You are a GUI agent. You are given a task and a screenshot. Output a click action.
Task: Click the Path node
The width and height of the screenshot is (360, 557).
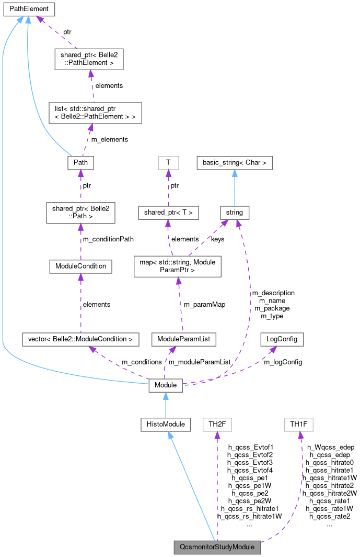(80, 163)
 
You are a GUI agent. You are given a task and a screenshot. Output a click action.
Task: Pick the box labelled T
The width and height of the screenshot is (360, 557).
(168, 163)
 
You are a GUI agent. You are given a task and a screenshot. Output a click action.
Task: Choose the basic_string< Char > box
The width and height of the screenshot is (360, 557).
(235, 163)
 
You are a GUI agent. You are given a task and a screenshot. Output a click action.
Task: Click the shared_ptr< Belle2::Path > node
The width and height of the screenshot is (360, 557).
(80, 213)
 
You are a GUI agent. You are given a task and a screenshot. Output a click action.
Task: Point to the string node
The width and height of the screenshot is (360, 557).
(235, 213)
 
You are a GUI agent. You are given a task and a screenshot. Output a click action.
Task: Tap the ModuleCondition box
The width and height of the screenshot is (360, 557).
(80, 266)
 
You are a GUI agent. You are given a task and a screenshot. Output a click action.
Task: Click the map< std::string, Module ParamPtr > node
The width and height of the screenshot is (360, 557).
(178, 266)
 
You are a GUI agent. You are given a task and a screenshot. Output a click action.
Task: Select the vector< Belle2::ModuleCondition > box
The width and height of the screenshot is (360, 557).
(80, 339)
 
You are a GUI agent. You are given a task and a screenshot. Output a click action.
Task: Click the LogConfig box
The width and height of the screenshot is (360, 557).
(282, 339)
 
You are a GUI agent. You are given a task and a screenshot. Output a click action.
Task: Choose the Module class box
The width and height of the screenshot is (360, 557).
(166, 385)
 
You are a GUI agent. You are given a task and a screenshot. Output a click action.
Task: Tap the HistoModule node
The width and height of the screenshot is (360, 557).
(166, 424)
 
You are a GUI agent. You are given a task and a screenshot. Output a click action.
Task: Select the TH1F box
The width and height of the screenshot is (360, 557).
(298, 424)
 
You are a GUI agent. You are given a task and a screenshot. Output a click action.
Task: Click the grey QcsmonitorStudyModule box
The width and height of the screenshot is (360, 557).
(217, 547)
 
